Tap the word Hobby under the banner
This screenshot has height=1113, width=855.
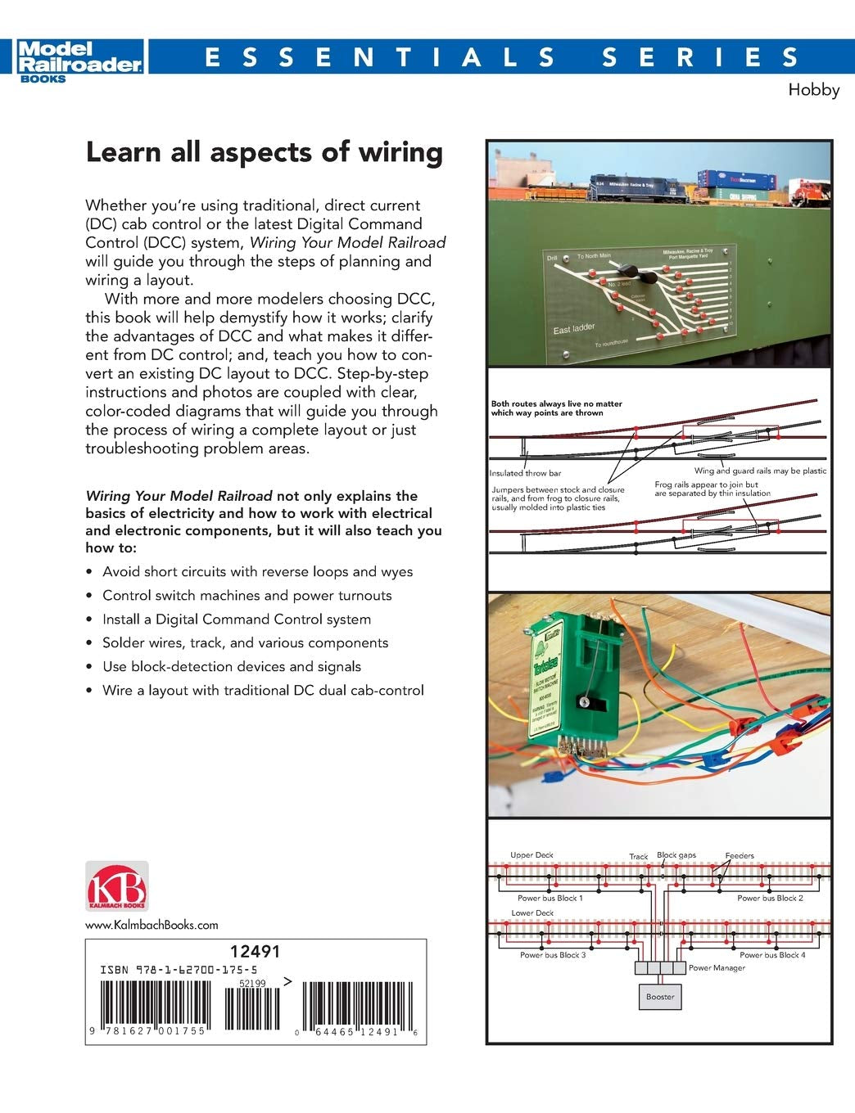[x=813, y=90]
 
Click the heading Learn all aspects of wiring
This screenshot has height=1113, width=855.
[x=264, y=153]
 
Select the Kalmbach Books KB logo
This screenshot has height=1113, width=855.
[x=117, y=886]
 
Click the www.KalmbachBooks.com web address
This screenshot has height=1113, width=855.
[x=152, y=925]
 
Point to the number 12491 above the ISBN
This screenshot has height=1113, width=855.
[x=256, y=951]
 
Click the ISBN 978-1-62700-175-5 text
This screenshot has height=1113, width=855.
[x=179, y=969]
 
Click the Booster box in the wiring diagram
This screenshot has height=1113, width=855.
[x=660, y=996]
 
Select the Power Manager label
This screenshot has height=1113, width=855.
[x=717, y=967]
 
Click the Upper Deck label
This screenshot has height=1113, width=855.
[x=532, y=855]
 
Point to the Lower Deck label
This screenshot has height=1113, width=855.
[x=532, y=912]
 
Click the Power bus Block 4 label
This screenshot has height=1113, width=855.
[x=771, y=955]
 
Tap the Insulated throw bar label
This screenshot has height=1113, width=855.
[x=525, y=473]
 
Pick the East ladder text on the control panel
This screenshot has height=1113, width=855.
[x=574, y=329]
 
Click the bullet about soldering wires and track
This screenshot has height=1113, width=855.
[x=245, y=643]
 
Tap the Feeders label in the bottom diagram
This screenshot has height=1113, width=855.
[x=740, y=855]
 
